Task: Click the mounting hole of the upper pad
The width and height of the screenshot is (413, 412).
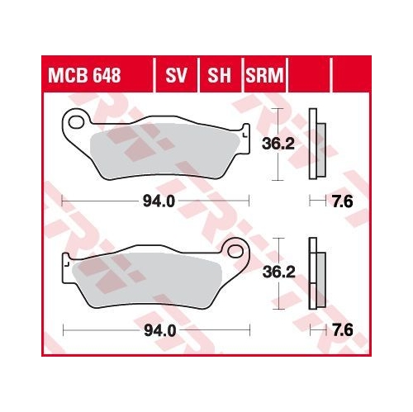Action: click(77, 125)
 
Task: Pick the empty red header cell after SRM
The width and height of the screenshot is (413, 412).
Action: click(307, 78)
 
